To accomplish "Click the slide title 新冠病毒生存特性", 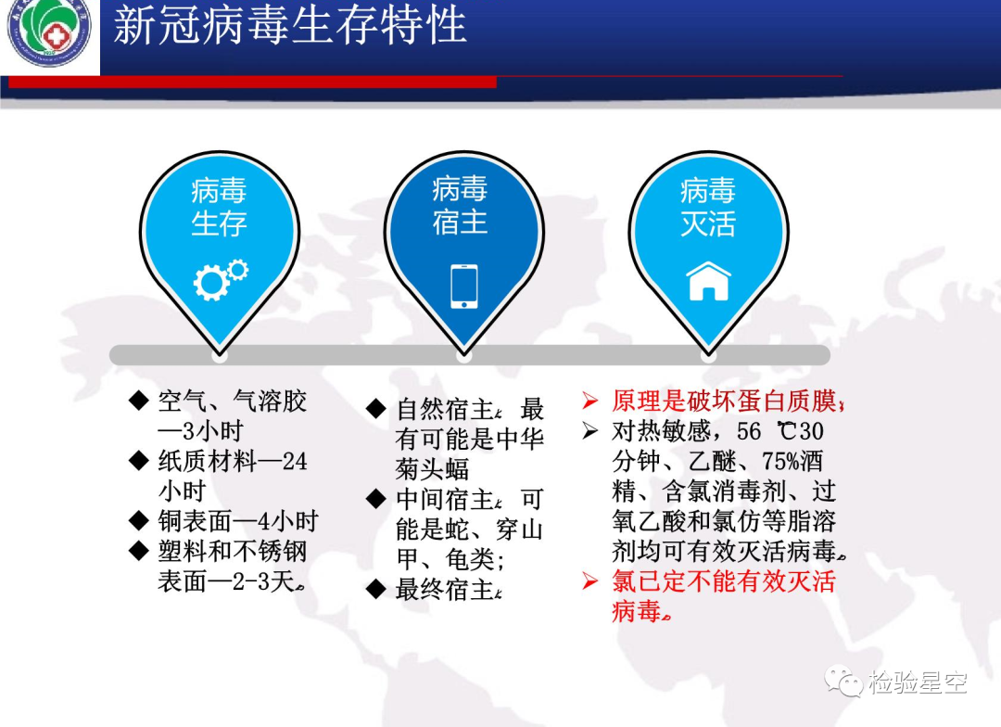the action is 290,26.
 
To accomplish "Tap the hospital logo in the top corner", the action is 50,31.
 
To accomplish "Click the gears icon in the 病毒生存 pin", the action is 221,279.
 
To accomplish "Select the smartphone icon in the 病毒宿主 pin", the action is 464,287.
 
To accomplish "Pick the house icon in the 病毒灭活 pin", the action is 708,281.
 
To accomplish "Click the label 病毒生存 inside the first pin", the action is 219,207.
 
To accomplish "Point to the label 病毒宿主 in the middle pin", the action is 461,205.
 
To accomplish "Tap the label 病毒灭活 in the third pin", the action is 708,207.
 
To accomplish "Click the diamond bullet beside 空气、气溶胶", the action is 138,401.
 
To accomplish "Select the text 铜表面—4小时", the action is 238,521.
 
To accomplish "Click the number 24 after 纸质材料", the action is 295,461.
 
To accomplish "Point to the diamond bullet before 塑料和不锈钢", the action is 138,551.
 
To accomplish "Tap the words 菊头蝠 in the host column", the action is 432,469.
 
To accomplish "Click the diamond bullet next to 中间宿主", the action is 376,499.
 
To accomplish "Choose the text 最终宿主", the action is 444,590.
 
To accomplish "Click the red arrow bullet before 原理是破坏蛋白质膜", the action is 590,401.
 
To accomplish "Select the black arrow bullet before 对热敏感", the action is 590,431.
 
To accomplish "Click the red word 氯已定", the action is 649,581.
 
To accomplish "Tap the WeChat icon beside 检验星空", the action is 843,682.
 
